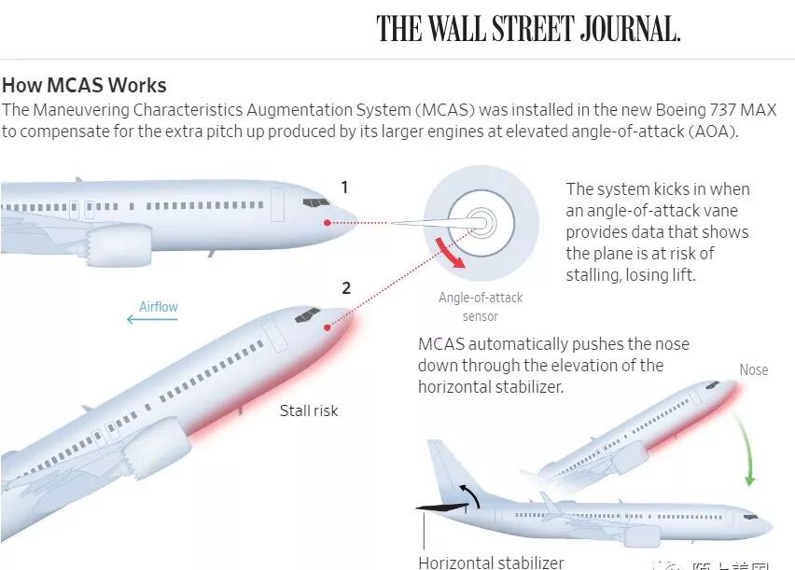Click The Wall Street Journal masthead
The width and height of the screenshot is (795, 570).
point(528,29)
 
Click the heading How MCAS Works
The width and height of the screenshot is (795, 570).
point(84,86)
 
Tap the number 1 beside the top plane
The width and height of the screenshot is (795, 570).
point(344,188)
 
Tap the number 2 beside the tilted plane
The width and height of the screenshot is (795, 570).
point(346,288)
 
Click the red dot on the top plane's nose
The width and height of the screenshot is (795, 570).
point(328,222)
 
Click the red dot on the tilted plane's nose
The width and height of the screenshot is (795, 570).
point(328,327)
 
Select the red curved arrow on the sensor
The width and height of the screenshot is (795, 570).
point(451,252)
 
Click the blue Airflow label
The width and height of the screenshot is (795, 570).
point(159,306)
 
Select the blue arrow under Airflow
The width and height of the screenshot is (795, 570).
point(152,320)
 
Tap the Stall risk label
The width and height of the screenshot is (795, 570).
point(309,410)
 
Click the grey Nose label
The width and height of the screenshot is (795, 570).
point(753,370)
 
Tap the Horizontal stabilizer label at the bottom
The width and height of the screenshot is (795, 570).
point(491,563)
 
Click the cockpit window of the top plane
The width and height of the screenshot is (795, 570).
point(315,202)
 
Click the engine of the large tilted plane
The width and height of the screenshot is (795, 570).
point(153,448)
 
